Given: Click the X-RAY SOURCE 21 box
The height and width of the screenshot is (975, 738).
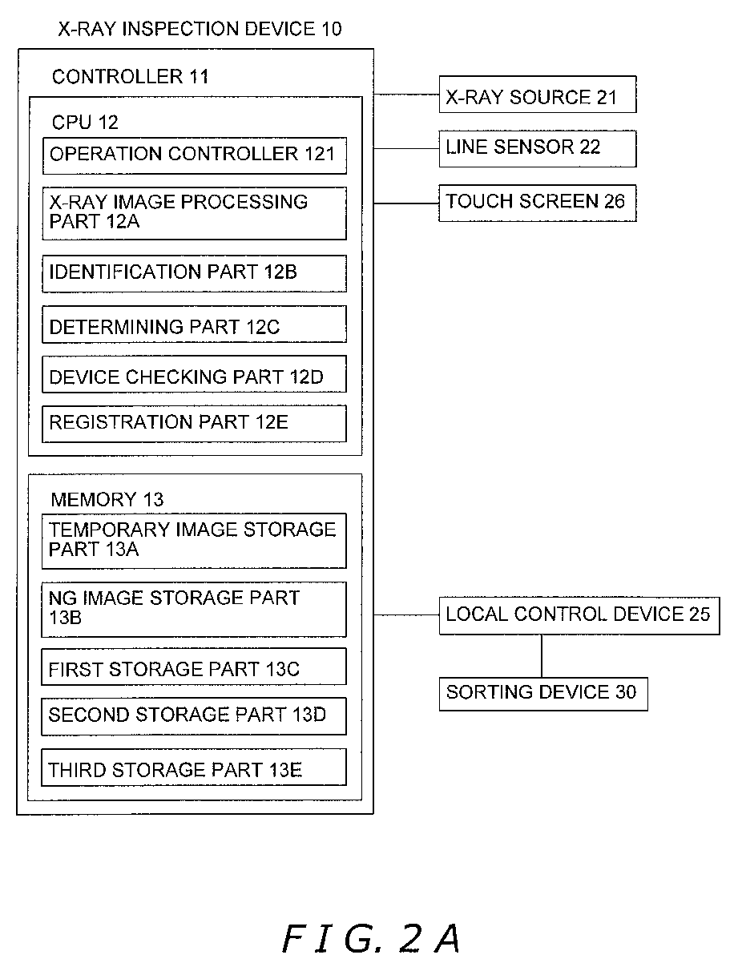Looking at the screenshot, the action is pos(537,95).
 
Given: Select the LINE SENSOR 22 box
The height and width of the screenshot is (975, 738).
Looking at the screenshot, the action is pos(537,148).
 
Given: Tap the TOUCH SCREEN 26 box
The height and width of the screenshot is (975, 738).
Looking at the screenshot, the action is pos(537,203).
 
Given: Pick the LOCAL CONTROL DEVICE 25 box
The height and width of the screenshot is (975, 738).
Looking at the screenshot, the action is pos(579,615).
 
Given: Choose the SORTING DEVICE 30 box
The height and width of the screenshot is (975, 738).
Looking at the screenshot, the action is pos(543,694).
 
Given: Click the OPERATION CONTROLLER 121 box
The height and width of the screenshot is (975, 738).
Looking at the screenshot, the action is pos(195,155).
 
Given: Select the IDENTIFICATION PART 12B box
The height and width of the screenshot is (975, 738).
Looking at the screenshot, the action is pos(194,273).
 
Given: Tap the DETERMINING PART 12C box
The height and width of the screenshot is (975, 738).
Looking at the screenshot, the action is pos(194,324).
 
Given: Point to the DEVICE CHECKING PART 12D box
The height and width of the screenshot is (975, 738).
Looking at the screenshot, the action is pos(194,373).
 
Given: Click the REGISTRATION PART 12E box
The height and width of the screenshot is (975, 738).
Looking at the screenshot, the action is pos(194,423).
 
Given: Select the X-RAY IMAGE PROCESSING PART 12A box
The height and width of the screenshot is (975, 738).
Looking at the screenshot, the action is pos(194,213).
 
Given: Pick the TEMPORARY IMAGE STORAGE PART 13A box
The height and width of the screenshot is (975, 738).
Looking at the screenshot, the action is pos(194,541).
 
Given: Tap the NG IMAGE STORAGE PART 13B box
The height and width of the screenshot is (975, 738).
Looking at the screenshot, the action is pos(194,610).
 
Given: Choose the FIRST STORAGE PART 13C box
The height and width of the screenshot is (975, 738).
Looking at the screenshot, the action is pos(194,667).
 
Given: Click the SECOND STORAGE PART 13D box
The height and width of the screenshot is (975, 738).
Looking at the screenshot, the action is pos(194,716).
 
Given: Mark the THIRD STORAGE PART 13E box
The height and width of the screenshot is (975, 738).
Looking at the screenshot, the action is pos(194,768).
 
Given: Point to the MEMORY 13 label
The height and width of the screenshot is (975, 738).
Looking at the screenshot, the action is pos(107,499).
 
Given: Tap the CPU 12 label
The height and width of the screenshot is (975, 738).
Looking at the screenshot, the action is pos(85,122).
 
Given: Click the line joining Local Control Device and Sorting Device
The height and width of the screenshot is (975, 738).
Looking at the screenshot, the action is pos(541,655).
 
